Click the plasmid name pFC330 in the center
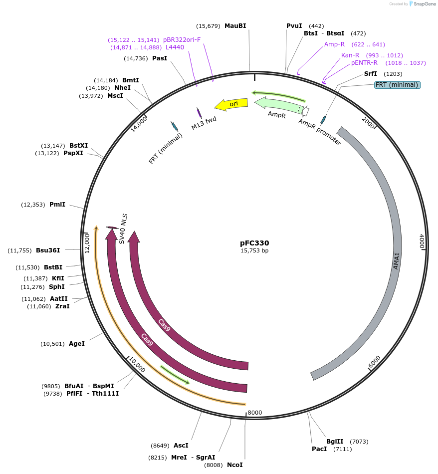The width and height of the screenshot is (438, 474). (254, 243)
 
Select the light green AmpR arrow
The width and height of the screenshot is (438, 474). (277, 105)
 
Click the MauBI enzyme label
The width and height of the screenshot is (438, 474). (235, 26)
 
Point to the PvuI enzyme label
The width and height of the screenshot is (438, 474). (294, 26)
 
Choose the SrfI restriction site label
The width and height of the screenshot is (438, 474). (371, 74)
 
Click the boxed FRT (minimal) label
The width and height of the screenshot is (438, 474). (397, 85)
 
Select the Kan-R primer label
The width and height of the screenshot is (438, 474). (350, 55)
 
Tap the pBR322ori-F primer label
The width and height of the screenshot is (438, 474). (182, 40)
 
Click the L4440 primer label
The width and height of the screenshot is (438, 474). (175, 47)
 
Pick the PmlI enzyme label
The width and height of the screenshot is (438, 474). (57, 205)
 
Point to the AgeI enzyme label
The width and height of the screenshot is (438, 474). (77, 344)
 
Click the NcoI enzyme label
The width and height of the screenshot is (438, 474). (234, 465)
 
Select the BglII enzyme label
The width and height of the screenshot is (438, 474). (335, 442)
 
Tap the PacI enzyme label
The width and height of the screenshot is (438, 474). (319, 449)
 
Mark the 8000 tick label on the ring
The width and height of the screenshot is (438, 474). (254, 413)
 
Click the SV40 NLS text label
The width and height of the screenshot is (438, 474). (123, 229)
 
